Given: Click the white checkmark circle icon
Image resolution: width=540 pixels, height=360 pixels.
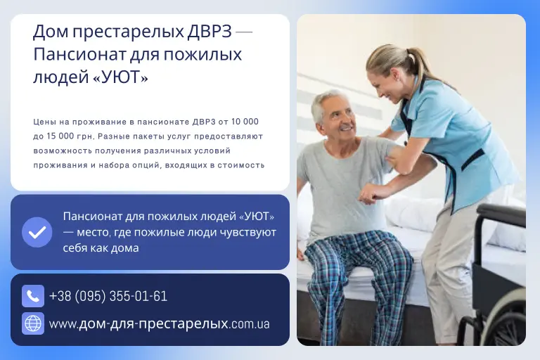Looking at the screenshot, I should tap(37, 232).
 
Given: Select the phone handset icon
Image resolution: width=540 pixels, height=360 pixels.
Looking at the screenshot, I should tap(33, 296).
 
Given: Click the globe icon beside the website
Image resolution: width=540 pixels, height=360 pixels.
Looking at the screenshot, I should tap(33, 323).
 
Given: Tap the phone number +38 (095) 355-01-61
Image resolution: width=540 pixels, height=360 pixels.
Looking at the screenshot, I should tap(108, 296).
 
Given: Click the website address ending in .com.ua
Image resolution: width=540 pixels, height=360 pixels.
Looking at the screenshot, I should tap(160, 324).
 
